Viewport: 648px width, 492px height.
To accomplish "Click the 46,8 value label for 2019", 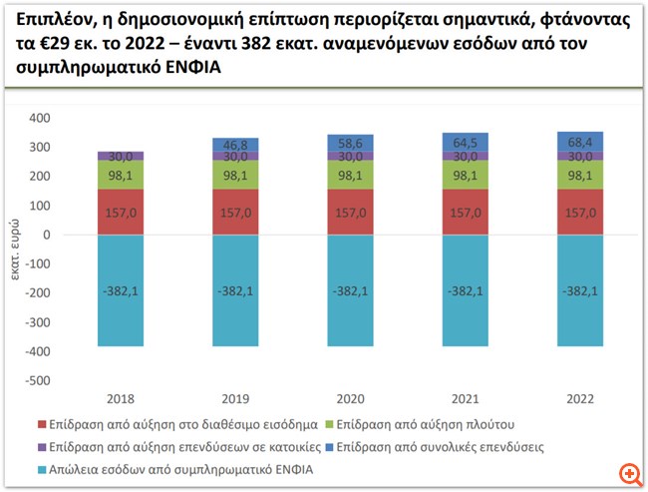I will pyautogui.click(x=235, y=145).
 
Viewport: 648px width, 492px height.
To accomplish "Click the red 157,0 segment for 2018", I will pyautogui.click(x=121, y=212).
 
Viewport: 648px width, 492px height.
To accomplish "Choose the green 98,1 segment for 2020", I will pyautogui.click(x=350, y=175).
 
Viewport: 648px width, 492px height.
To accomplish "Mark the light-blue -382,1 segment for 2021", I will pyautogui.click(x=465, y=290).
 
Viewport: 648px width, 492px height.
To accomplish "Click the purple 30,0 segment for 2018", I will pyautogui.click(x=121, y=156).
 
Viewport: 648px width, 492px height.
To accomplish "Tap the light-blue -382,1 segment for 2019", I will pyautogui.click(x=235, y=290).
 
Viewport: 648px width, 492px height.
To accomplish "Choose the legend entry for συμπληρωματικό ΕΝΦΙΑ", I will pyautogui.click(x=178, y=470).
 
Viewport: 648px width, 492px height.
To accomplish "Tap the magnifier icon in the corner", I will pyautogui.click(x=627, y=472).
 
